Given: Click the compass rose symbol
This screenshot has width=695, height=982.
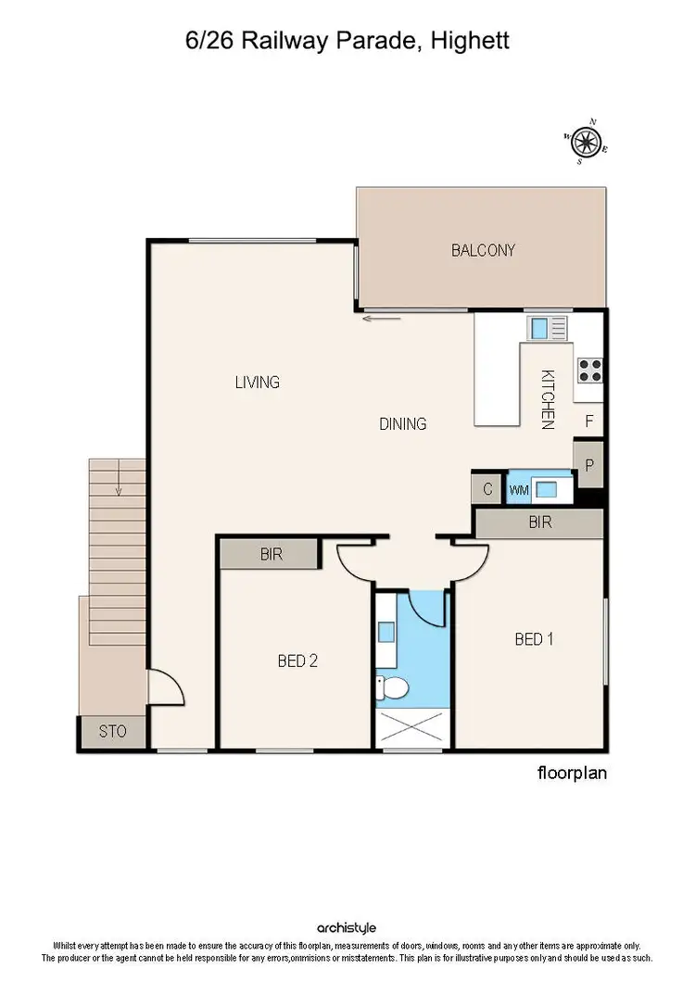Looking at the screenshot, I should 585,142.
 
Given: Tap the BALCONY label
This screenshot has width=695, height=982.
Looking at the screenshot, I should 483,250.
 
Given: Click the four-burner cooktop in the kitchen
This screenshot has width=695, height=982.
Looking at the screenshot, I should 590,370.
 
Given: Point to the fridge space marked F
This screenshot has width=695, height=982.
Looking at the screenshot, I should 588,421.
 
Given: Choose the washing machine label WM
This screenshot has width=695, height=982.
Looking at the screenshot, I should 517,489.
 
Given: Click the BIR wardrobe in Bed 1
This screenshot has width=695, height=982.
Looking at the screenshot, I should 539,522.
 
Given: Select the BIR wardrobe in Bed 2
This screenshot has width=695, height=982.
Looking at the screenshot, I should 270,555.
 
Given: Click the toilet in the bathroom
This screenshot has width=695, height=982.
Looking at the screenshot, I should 393,688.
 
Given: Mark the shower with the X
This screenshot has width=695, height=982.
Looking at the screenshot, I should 412,728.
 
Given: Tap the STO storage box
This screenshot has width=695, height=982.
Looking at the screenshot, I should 112,732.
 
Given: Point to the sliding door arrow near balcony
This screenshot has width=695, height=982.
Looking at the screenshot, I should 381,320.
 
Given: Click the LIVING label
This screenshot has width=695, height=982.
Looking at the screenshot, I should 257,382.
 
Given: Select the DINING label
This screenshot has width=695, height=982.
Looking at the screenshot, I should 402,424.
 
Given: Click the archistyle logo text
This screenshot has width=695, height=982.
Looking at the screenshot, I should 347,927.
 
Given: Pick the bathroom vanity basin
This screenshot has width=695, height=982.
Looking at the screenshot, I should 386,632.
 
